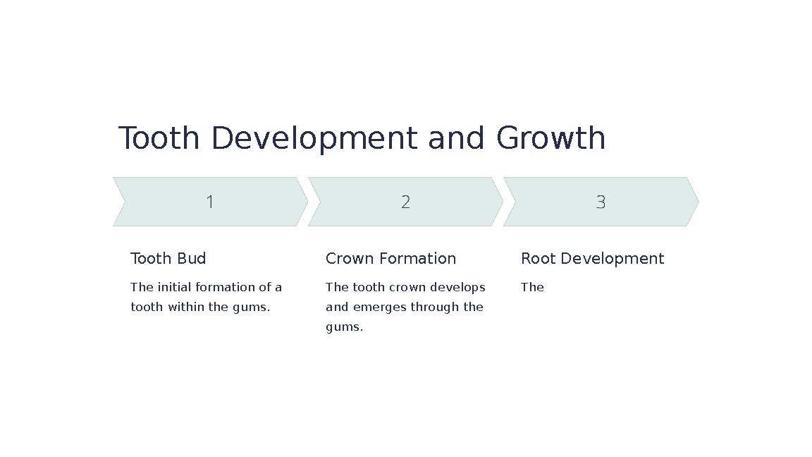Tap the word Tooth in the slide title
tap(159, 138)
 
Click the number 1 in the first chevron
tap(210, 202)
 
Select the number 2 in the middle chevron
tap(405, 202)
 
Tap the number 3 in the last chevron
tap(601, 202)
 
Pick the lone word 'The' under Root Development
tap(532, 287)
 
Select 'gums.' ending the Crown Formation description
tap(344, 327)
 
